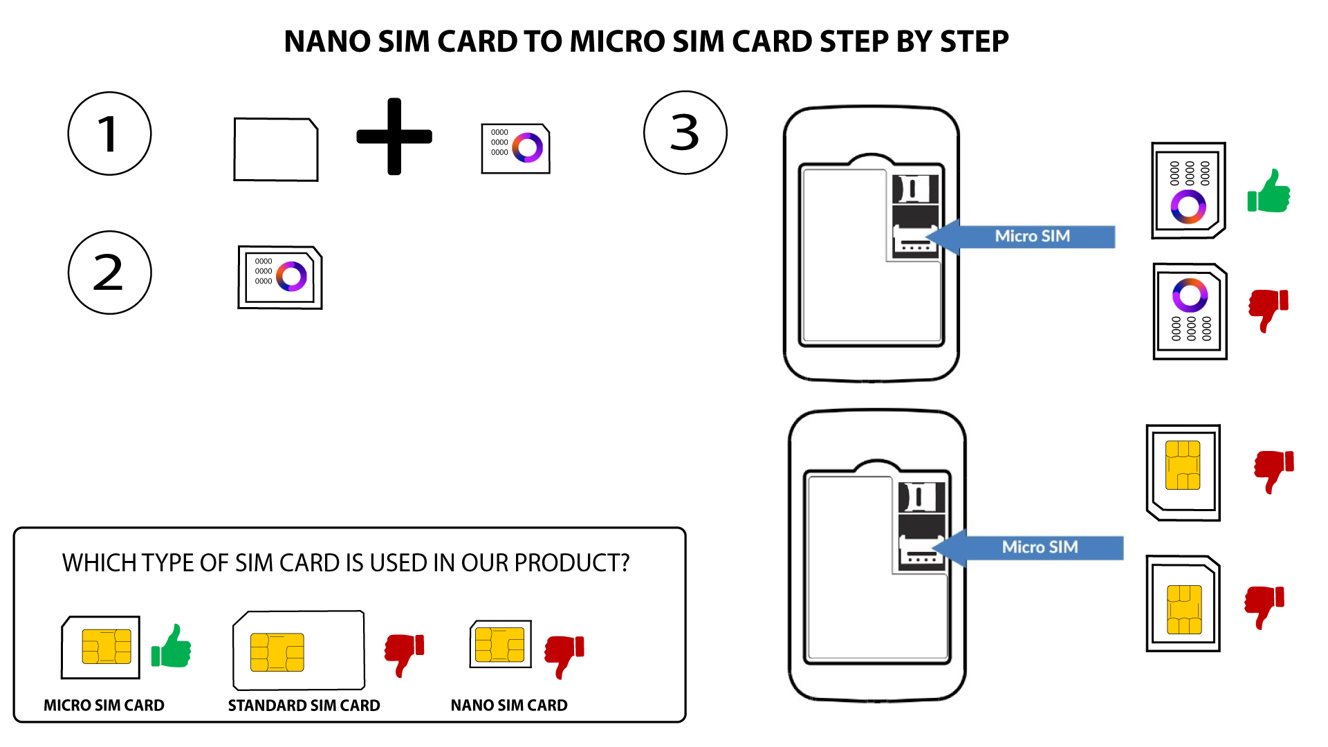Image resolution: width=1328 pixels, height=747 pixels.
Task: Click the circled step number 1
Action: [109, 133]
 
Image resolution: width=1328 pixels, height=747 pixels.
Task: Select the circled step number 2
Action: [109, 273]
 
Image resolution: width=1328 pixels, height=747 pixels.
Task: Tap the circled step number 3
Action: [685, 132]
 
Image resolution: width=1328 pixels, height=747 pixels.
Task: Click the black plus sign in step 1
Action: [394, 136]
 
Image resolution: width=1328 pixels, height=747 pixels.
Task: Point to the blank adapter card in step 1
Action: [276, 149]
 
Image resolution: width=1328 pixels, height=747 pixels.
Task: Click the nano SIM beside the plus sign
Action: [515, 148]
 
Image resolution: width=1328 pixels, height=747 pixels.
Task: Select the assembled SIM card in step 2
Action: [280, 277]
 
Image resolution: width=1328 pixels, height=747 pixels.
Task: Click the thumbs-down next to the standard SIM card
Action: [404, 654]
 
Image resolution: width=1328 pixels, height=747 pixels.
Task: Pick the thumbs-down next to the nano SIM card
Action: [564, 656]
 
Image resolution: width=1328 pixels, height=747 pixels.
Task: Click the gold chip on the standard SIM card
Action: [277, 652]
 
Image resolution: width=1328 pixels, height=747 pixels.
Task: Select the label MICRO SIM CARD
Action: [104, 705]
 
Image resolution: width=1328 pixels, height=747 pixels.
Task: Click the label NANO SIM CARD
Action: [509, 705]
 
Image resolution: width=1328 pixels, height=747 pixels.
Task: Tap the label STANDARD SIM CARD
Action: [304, 705]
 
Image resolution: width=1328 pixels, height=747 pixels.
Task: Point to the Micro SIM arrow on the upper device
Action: [1020, 237]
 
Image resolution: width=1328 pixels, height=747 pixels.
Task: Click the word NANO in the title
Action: [327, 41]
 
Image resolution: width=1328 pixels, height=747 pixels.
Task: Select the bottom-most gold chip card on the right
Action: [1183, 603]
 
